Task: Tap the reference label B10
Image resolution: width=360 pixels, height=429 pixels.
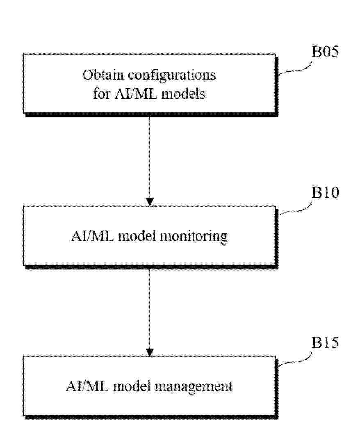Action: click(325, 192)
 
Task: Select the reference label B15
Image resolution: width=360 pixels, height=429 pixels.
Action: click(325, 342)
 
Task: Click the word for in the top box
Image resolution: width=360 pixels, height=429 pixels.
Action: click(102, 94)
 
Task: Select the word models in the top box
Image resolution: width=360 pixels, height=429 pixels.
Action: click(183, 94)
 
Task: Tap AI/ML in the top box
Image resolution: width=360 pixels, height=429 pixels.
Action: click(136, 94)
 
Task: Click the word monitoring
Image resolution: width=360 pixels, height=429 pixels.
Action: click(194, 237)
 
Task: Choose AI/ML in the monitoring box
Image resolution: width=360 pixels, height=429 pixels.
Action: click(93, 236)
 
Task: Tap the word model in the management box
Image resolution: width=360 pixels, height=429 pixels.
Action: click(132, 386)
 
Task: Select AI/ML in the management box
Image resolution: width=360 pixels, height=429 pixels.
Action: click(87, 386)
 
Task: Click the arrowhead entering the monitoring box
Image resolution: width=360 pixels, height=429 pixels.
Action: click(150, 202)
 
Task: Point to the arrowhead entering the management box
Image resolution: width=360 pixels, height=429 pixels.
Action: click(150, 352)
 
